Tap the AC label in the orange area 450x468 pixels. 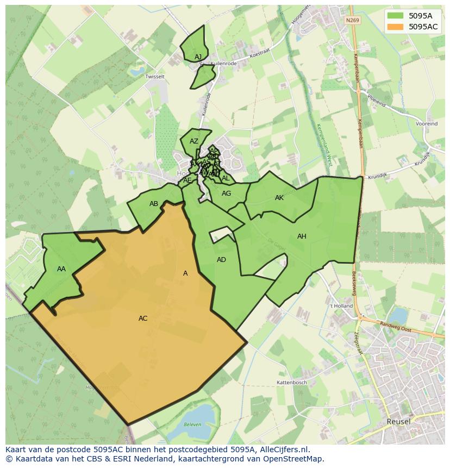pos(143,319)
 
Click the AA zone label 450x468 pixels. pos(61,269)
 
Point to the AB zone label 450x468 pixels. pos(154,204)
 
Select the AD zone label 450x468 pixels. pos(221,260)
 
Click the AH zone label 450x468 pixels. pos(302,236)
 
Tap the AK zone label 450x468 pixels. pos(279,198)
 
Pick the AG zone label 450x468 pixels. pos(227,194)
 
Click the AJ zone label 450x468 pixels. pos(198,57)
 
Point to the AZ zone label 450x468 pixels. pos(194,141)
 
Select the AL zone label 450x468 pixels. pos(226,178)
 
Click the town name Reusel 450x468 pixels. pos(398,421)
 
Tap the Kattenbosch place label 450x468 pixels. pos(292,383)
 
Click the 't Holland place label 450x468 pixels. pos(341,306)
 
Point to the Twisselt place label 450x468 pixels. pos(155,77)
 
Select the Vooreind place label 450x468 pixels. pos(427,124)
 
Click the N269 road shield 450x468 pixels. pos(352,20)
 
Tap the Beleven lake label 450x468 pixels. pos(192,425)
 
